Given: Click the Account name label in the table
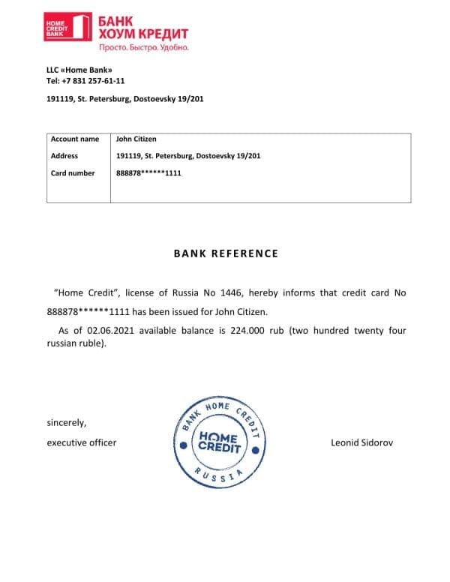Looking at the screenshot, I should (74, 139).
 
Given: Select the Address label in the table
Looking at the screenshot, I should (64, 156).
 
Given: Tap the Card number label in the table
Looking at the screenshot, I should (73, 173).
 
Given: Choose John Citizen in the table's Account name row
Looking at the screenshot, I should (136, 139).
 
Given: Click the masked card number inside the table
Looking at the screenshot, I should (149, 173).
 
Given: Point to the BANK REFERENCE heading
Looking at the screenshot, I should (226, 253).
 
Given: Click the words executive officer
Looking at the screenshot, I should (82, 442).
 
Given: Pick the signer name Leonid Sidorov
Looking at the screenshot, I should (362, 442).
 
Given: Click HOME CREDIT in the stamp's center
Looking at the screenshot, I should (219, 443).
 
